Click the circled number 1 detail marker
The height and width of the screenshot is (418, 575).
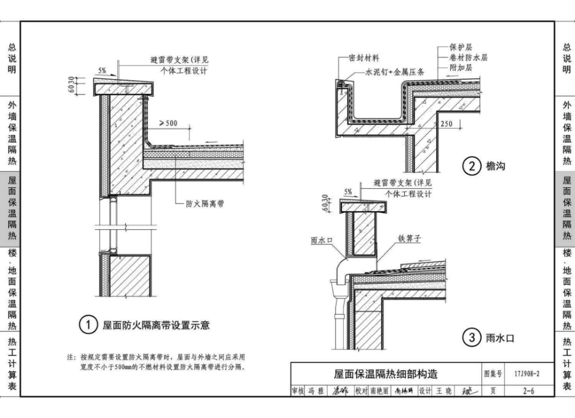(88, 325)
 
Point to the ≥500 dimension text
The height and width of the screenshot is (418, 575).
(168, 123)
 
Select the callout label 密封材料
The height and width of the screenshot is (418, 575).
(364, 58)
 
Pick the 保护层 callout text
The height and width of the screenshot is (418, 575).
(461, 47)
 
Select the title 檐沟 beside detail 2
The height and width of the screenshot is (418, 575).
(495, 166)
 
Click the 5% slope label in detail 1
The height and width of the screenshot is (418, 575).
(102, 71)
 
